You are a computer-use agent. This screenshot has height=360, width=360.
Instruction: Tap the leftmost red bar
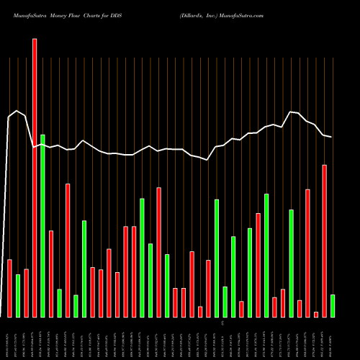coord(9,288)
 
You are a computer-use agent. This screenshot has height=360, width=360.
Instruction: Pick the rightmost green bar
coord(332,305)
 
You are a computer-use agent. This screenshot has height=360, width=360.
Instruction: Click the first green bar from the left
coord(18,295)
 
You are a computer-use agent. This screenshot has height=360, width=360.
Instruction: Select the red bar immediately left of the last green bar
coord(324,240)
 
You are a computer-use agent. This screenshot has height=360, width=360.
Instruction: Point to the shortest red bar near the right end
coord(315,314)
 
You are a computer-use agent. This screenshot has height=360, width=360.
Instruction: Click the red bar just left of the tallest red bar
coord(26,293)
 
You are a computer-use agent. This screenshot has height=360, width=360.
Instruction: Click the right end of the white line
coord(331,137)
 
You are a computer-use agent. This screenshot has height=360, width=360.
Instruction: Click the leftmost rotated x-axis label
coord(9,338)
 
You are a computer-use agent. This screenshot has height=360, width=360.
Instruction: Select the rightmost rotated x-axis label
coord(332,338)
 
